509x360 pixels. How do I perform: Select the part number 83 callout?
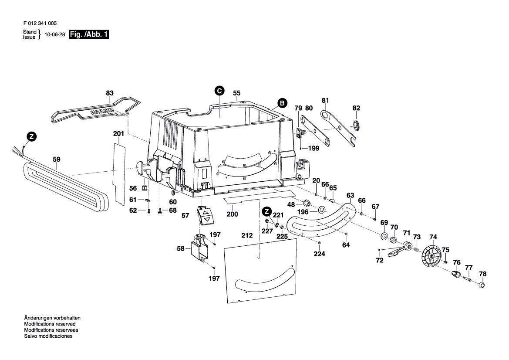coord(109,93)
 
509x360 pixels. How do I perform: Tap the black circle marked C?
coord(219,91)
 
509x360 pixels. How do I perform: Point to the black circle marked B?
coord(282,103)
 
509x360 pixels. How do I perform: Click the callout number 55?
coord(236,93)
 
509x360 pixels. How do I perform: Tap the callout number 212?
coord(247,235)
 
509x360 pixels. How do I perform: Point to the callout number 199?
coord(313,148)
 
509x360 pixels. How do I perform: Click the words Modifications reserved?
coord(50,324)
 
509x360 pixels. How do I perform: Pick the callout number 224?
coord(319,254)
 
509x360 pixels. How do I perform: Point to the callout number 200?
coord(233,214)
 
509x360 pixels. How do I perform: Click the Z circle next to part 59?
coord(30,136)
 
